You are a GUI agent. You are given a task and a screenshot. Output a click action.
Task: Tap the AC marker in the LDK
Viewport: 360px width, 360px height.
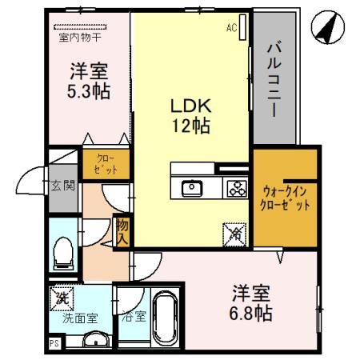[x=232, y=29]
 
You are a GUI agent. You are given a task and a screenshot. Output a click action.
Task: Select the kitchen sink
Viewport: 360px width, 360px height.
[x=193, y=189]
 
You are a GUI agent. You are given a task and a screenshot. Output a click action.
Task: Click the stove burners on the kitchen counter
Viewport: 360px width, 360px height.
[x=236, y=189]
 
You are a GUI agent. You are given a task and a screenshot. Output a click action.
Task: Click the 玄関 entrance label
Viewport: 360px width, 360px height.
[x=63, y=186]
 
